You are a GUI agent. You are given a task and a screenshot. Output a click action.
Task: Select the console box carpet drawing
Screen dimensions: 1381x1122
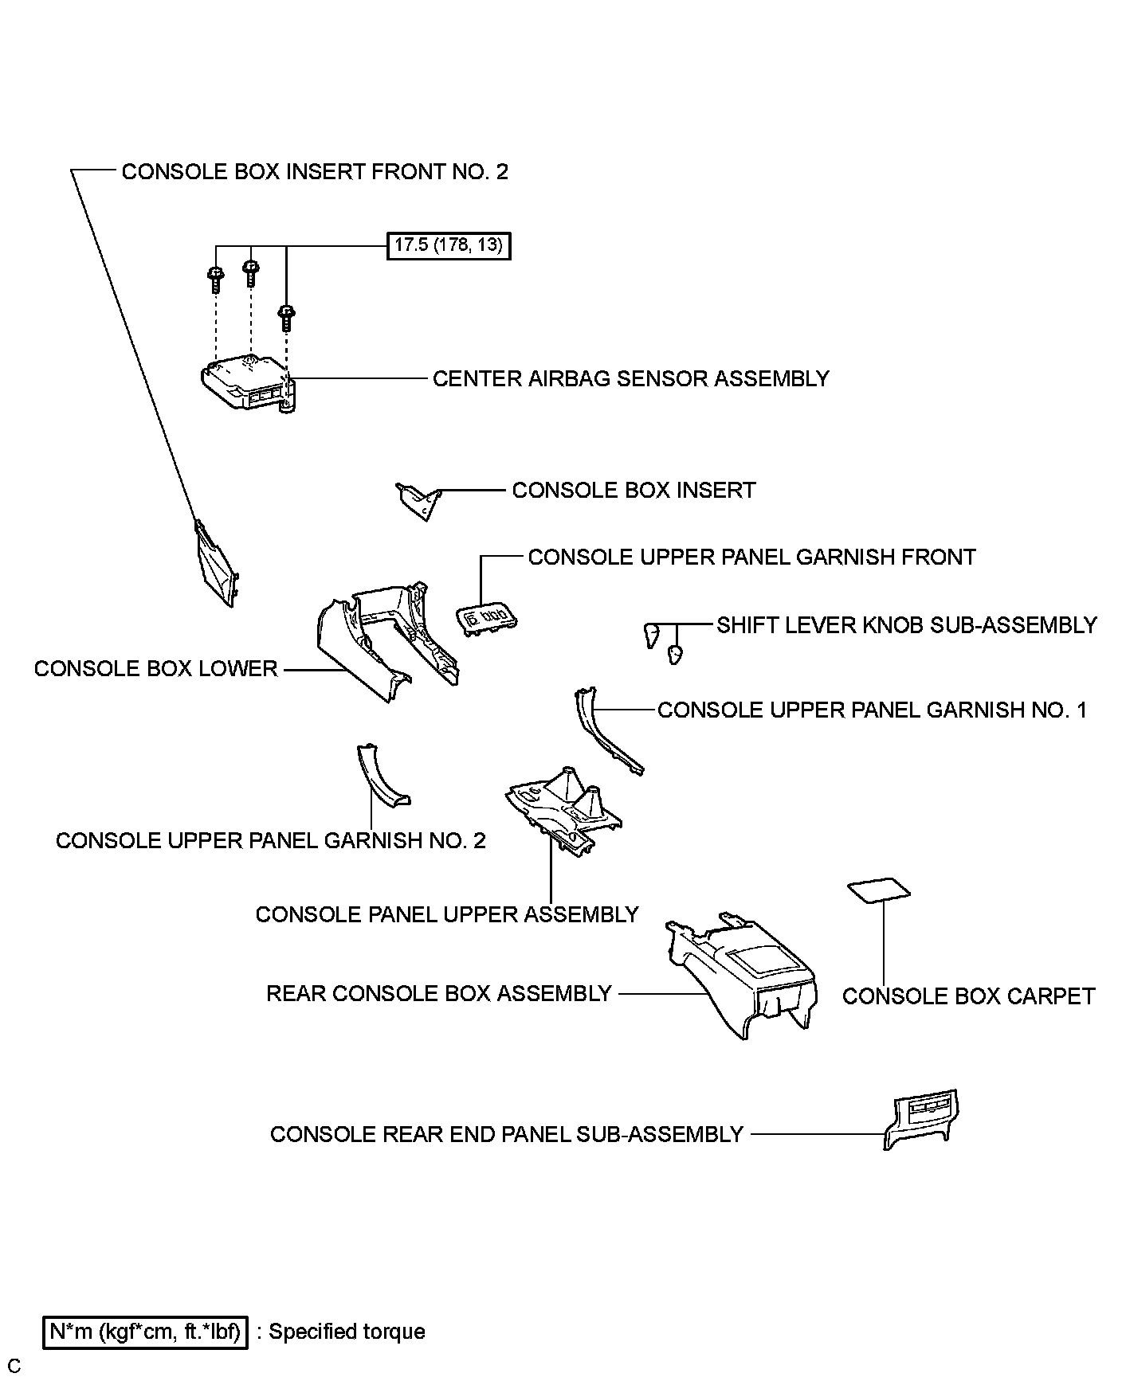880,890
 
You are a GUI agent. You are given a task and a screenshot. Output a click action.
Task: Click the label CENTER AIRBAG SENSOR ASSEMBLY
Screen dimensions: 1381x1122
630,378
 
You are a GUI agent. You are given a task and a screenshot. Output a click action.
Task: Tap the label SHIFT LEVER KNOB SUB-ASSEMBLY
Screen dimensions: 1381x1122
906,625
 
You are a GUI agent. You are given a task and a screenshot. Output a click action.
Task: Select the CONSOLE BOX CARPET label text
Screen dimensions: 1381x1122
968,996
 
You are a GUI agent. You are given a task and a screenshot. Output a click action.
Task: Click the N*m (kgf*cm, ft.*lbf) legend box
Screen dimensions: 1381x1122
146,1332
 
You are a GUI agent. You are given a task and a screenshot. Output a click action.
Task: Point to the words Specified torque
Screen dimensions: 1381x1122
347,1332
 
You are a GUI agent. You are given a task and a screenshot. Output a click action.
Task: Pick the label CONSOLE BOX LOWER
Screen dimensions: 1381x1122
155,669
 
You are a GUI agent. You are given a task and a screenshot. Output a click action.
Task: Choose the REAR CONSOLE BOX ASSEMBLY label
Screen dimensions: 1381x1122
439,994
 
